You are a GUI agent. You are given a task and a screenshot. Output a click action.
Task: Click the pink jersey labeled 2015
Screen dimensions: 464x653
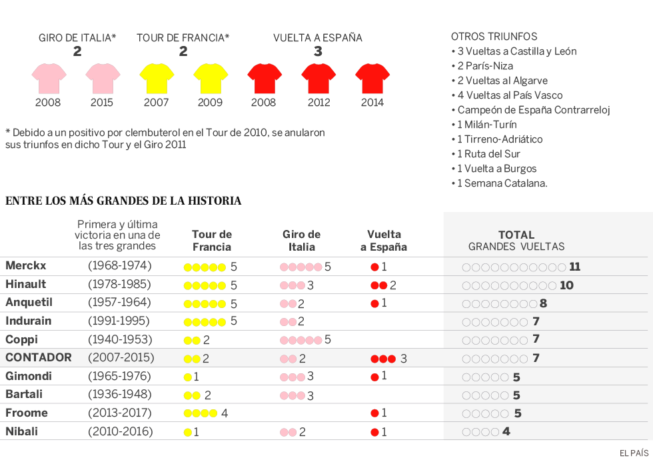coord(103,78)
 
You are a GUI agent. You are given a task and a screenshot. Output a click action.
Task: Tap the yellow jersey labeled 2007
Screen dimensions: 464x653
coord(157,78)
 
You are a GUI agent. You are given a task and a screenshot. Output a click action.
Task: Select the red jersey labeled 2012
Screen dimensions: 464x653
coord(319,78)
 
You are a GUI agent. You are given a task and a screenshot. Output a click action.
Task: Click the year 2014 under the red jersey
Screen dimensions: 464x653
coord(372,103)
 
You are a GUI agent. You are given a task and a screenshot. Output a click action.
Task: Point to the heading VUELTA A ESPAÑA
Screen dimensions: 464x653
coord(318,38)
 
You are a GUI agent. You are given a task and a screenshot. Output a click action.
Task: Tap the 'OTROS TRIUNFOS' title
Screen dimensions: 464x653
coord(494,37)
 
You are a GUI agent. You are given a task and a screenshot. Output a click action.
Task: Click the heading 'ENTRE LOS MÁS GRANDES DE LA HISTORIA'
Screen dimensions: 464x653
coord(123,201)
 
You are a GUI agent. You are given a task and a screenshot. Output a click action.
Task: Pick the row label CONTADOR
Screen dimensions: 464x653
coord(39,358)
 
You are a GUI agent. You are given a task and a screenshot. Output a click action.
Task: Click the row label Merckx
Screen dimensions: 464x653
coord(26,266)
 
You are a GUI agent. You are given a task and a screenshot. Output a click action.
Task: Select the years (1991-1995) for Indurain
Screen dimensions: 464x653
coord(120,321)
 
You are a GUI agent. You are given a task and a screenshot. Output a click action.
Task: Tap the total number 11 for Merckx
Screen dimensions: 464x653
coord(574,267)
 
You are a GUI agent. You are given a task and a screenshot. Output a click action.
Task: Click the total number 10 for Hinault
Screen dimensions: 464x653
coord(566,285)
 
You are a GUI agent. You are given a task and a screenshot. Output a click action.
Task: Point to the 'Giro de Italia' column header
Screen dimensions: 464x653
coord(301,241)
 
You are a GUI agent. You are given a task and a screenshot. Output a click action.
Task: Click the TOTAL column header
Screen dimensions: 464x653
coord(516,235)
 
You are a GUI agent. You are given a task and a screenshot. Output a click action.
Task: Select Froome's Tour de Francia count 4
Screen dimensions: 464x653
coord(225,413)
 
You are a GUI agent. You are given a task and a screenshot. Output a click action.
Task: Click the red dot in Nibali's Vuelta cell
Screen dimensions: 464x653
coord(374,432)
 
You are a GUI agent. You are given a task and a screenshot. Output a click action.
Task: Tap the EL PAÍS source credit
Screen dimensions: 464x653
coord(634,453)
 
